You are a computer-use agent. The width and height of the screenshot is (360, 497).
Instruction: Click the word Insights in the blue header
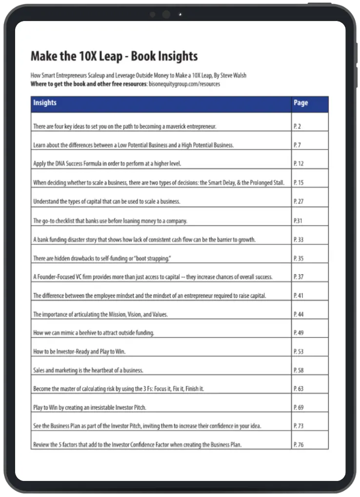[x=45, y=103]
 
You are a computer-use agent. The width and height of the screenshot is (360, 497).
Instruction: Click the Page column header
[x=300, y=103]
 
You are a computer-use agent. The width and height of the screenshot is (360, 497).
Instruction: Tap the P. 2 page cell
[x=297, y=126]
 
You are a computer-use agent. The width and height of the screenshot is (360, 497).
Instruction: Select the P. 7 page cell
[x=297, y=145]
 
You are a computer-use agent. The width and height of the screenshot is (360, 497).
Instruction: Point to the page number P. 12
[x=299, y=164]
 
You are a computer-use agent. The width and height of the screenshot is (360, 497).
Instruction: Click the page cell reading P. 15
[x=299, y=183]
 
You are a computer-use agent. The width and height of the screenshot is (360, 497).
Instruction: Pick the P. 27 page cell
[x=299, y=202]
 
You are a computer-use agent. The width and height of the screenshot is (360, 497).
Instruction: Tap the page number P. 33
[x=299, y=240]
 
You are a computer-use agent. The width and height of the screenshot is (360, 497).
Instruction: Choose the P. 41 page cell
[x=299, y=296]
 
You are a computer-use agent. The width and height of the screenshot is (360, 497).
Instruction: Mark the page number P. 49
[x=299, y=333]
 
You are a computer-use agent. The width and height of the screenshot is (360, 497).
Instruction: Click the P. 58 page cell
[x=299, y=371]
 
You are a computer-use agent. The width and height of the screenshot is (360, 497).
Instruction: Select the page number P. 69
[x=299, y=407]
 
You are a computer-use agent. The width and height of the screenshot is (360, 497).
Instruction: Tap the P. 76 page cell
[x=299, y=445]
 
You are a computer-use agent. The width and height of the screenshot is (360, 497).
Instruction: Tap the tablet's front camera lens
[x=166, y=15]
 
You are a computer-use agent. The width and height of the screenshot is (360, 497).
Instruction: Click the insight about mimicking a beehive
[x=94, y=333]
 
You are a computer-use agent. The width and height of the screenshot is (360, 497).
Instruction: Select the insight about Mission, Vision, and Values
[x=100, y=315]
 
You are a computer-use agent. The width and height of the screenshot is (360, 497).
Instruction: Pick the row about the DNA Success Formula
[x=110, y=164]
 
